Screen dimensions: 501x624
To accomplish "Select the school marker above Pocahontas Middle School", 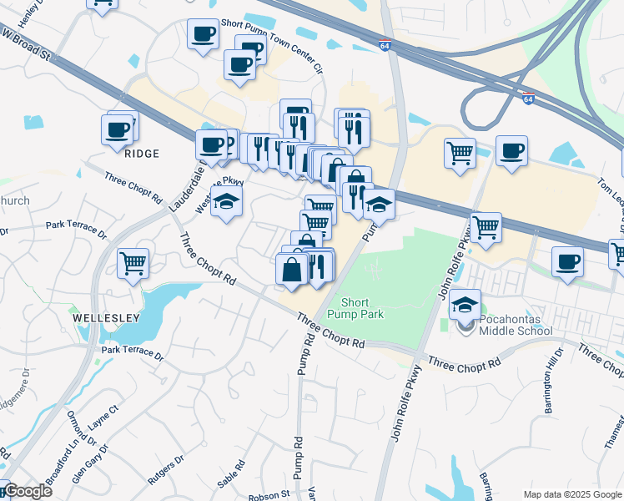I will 465,304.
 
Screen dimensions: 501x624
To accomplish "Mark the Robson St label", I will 272,493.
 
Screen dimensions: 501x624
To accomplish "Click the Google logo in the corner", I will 28,491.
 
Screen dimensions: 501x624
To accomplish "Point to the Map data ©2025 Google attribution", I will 572,494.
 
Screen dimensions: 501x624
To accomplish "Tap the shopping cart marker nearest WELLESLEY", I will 133,263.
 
